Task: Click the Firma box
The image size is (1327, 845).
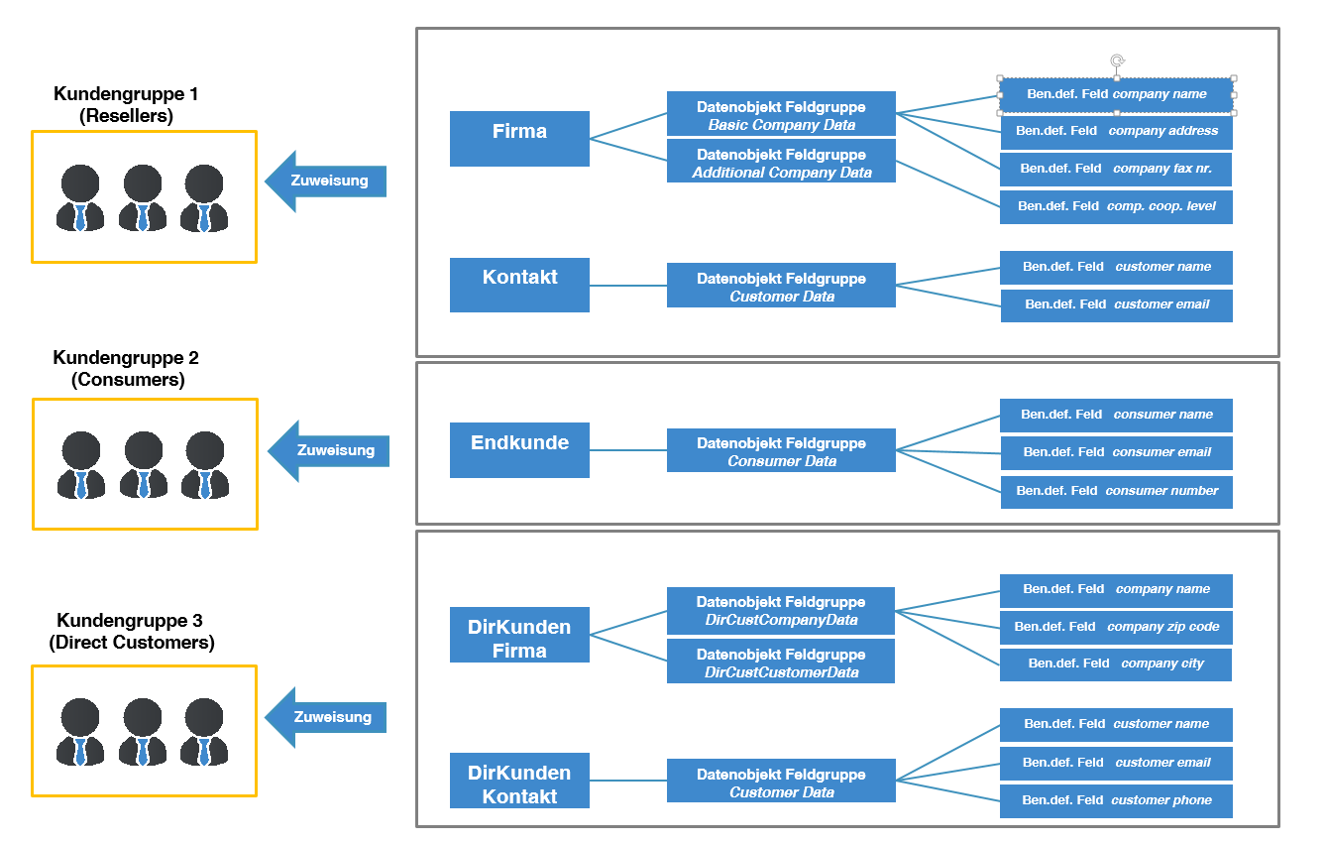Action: coord(519,138)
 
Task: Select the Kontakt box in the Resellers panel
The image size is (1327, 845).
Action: coord(519,285)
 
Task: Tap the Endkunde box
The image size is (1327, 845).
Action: coord(519,449)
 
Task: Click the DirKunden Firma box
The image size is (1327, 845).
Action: coord(519,635)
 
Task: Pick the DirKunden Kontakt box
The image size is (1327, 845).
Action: coord(519,781)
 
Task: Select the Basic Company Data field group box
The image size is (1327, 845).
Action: coord(781,113)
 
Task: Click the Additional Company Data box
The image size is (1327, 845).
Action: coord(781,161)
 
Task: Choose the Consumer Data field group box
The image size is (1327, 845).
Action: coord(781,450)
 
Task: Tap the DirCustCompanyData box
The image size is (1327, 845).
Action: coord(781,611)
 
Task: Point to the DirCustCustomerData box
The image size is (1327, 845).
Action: coord(781,661)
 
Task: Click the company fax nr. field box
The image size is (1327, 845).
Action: coord(1116,170)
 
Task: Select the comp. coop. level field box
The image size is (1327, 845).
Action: coord(1116,207)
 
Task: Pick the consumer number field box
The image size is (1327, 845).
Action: coord(1117,492)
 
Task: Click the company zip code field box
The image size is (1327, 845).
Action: coord(1116,628)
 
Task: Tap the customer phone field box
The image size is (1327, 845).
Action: coord(1116,801)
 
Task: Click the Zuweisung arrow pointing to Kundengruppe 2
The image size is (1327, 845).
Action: coord(329,450)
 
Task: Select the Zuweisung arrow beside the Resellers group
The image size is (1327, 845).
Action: coord(326,181)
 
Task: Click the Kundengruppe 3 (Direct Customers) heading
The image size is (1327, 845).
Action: coord(131,632)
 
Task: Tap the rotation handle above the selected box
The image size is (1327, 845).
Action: coord(1117,60)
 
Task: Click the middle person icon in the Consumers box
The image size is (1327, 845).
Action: coord(144,465)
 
